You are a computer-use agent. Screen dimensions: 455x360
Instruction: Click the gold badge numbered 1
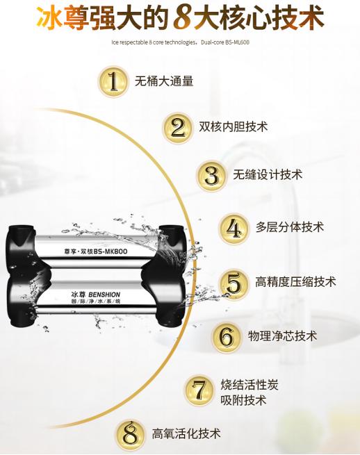pyautogui.click(x=113, y=81)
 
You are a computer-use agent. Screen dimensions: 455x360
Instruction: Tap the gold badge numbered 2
pyautogui.click(x=178, y=127)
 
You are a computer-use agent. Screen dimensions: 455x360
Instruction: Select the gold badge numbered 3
pyautogui.click(x=211, y=175)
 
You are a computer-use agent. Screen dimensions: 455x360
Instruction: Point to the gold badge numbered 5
pyautogui.click(x=234, y=282)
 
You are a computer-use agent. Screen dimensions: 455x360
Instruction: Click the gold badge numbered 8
pyautogui.click(x=131, y=434)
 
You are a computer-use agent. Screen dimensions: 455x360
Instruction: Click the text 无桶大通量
pyautogui.click(x=164, y=81)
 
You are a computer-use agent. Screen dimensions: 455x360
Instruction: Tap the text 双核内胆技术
pyautogui.click(x=233, y=127)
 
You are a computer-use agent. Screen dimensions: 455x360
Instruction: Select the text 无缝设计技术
pyautogui.click(x=268, y=175)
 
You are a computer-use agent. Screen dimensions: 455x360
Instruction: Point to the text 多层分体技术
pyautogui.click(x=290, y=228)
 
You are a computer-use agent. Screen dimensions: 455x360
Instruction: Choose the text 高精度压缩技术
pyautogui.click(x=295, y=282)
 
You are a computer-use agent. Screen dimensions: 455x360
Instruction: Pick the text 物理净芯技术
pyautogui.click(x=283, y=336)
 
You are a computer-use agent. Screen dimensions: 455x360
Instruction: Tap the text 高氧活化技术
pyautogui.click(x=186, y=434)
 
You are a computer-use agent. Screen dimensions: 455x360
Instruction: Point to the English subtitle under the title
pyautogui.click(x=180, y=42)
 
